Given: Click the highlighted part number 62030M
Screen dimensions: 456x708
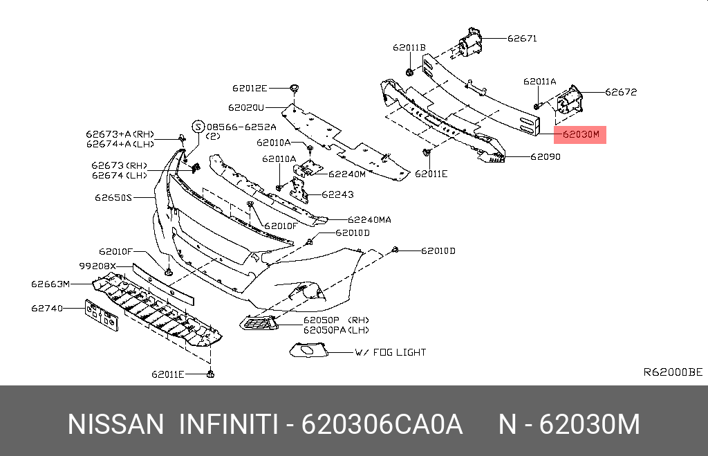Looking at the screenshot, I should click(x=581, y=134).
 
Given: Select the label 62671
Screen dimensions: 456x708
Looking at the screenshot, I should click(x=522, y=39).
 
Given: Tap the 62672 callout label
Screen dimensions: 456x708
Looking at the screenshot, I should click(x=621, y=92).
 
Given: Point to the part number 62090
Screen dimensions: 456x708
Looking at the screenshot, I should click(x=546, y=157).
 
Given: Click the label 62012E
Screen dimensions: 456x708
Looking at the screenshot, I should click(x=250, y=88).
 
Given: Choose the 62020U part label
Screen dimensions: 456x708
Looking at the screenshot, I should click(x=247, y=107).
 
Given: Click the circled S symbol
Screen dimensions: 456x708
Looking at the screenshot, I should click(x=197, y=127).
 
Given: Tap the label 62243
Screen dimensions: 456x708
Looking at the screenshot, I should click(x=340, y=194).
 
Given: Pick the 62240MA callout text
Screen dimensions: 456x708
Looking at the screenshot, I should click(x=369, y=219).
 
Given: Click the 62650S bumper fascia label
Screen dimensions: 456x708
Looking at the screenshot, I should click(x=113, y=197).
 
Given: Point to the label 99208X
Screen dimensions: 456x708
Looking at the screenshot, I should click(x=97, y=266).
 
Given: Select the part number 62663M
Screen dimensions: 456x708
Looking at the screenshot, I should click(x=50, y=284).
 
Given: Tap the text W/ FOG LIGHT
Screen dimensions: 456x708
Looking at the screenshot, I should click(x=391, y=352).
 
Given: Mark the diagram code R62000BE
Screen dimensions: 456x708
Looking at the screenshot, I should click(x=673, y=372).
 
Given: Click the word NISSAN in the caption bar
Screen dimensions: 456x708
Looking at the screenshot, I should click(x=115, y=424).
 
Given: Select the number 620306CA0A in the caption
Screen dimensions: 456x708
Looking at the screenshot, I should click(x=382, y=424).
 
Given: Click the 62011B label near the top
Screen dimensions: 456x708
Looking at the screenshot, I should click(x=409, y=48).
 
